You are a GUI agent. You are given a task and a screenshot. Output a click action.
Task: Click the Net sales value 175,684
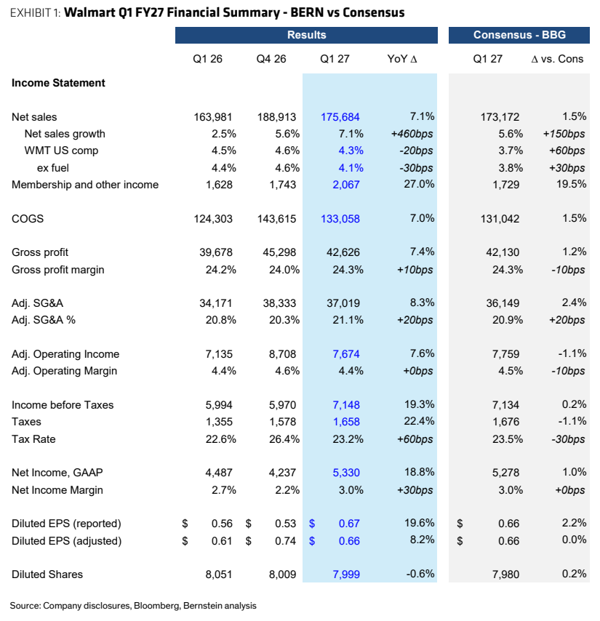(x=340, y=117)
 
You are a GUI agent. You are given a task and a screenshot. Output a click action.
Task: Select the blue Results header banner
(x=306, y=35)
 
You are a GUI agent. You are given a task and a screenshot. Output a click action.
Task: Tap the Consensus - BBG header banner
(x=519, y=35)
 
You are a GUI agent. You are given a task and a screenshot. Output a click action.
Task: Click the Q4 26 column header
(x=271, y=59)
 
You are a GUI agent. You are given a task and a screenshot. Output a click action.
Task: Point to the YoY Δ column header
(x=402, y=59)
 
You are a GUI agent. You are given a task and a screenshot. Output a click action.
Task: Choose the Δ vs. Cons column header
(x=557, y=59)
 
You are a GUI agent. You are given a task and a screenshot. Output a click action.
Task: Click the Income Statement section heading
(x=58, y=83)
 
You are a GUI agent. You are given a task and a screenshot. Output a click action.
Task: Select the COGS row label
(x=28, y=219)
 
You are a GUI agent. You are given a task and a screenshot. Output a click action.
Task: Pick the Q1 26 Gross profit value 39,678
(x=216, y=252)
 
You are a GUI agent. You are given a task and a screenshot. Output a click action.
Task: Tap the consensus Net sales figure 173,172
(x=500, y=117)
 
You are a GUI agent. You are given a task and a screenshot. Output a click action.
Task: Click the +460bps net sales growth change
(x=412, y=134)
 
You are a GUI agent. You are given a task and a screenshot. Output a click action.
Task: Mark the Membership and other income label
(x=85, y=185)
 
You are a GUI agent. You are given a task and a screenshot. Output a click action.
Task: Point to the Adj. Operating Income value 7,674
(x=346, y=354)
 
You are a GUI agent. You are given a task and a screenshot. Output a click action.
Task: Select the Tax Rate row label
(x=33, y=439)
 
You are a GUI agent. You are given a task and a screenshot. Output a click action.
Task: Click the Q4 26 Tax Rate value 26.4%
(x=284, y=439)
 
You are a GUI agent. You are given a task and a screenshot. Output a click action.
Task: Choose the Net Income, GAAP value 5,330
(x=346, y=473)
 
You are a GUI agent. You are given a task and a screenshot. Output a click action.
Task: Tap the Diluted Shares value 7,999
(x=346, y=574)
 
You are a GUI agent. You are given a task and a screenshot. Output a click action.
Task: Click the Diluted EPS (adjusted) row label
(x=66, y=541)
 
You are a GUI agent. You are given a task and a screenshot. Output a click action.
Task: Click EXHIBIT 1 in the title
(x=35, y=13)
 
